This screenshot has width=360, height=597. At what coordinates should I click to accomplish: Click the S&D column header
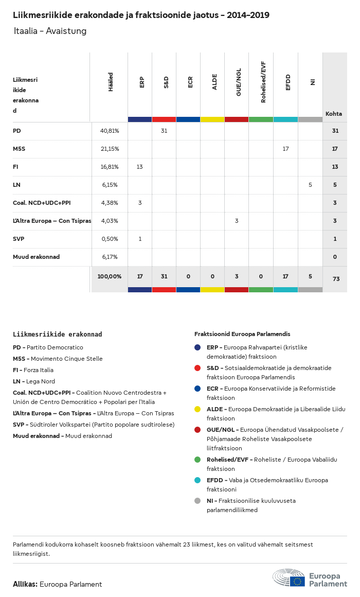click(166, 82)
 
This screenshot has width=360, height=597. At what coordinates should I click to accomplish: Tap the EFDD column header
click(288, 82)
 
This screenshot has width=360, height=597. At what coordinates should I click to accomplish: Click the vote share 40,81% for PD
click(110, 131)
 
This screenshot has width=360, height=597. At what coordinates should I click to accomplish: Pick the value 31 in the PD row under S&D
click(164, 131)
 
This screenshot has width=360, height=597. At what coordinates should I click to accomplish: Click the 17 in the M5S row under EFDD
click(286, 149)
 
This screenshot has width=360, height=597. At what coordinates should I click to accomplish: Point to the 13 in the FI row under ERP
click(140, 167)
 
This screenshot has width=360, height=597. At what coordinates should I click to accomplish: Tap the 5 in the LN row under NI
click(310, 185)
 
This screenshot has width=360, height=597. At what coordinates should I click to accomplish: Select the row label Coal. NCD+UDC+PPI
click(42, 203)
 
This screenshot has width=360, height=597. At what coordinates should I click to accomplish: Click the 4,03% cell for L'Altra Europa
click(110, 221)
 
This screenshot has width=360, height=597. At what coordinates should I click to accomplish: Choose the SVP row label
click(19, 239)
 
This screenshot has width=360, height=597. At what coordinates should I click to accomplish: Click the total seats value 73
click(336, 279)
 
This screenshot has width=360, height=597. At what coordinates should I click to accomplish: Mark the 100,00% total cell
click(110, 276)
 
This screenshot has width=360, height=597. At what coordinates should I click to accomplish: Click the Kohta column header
click(334, 114)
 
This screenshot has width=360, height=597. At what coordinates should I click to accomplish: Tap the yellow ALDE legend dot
click(197, 409)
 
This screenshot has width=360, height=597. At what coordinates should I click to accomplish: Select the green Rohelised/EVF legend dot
click(197, 459)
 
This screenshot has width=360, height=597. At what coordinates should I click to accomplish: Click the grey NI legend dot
click(197, 501)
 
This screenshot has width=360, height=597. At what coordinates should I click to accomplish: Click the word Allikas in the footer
click(25, 584)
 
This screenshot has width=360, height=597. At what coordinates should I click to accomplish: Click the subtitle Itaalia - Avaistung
click(50, 31)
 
